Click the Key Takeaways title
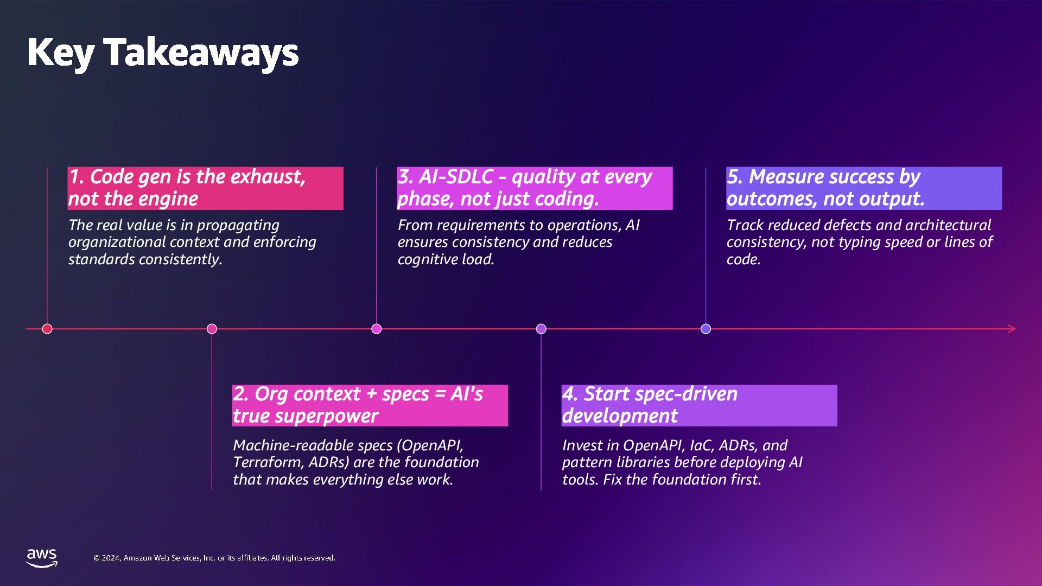click(x=163, y=53)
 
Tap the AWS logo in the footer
click(x=42, y=558)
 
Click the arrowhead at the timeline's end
click(x=1011, y=329)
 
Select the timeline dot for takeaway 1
click(x=47, y=329)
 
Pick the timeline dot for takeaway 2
click(x=212, y=329)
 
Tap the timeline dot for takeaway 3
click(x=377, y=329)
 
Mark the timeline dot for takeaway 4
click(x=541, y=329)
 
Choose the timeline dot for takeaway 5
click(x=706, y=329)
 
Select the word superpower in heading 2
click(x=306, y=416)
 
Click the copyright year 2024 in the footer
click(x=111, y=558)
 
